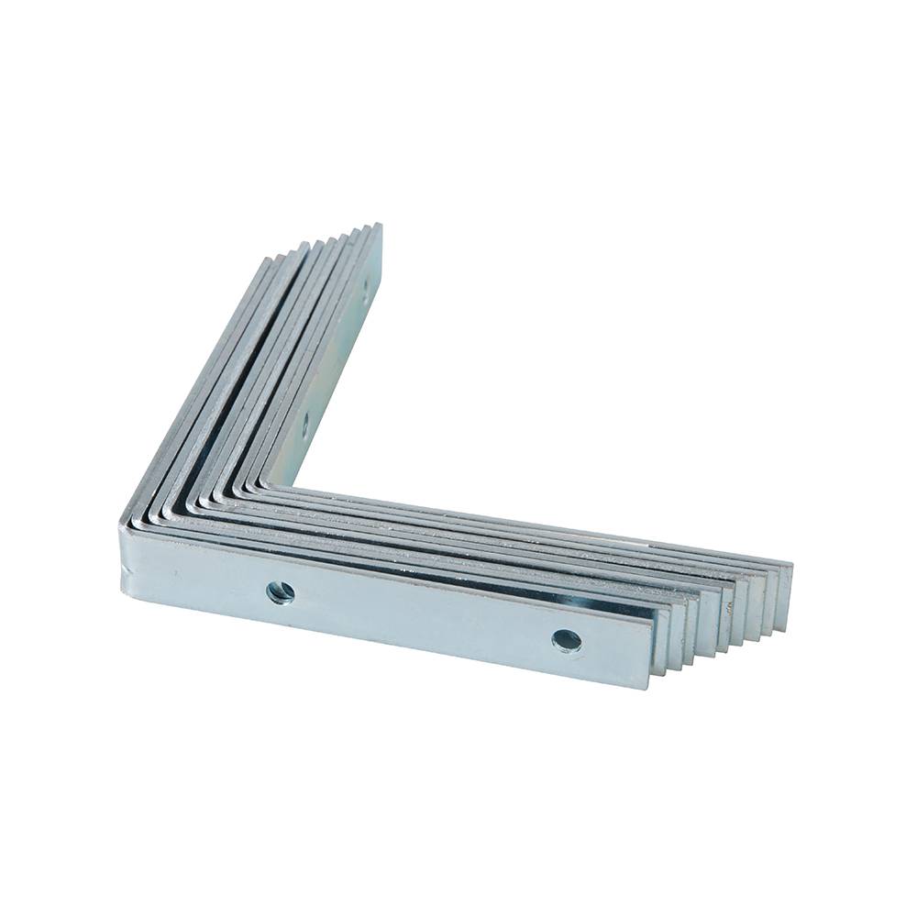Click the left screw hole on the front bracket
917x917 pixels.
pos(281,591)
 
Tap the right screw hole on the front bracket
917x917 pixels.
pos(567,640)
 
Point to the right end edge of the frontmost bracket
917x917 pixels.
pos(652,652)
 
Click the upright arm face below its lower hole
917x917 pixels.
pos(295,454)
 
